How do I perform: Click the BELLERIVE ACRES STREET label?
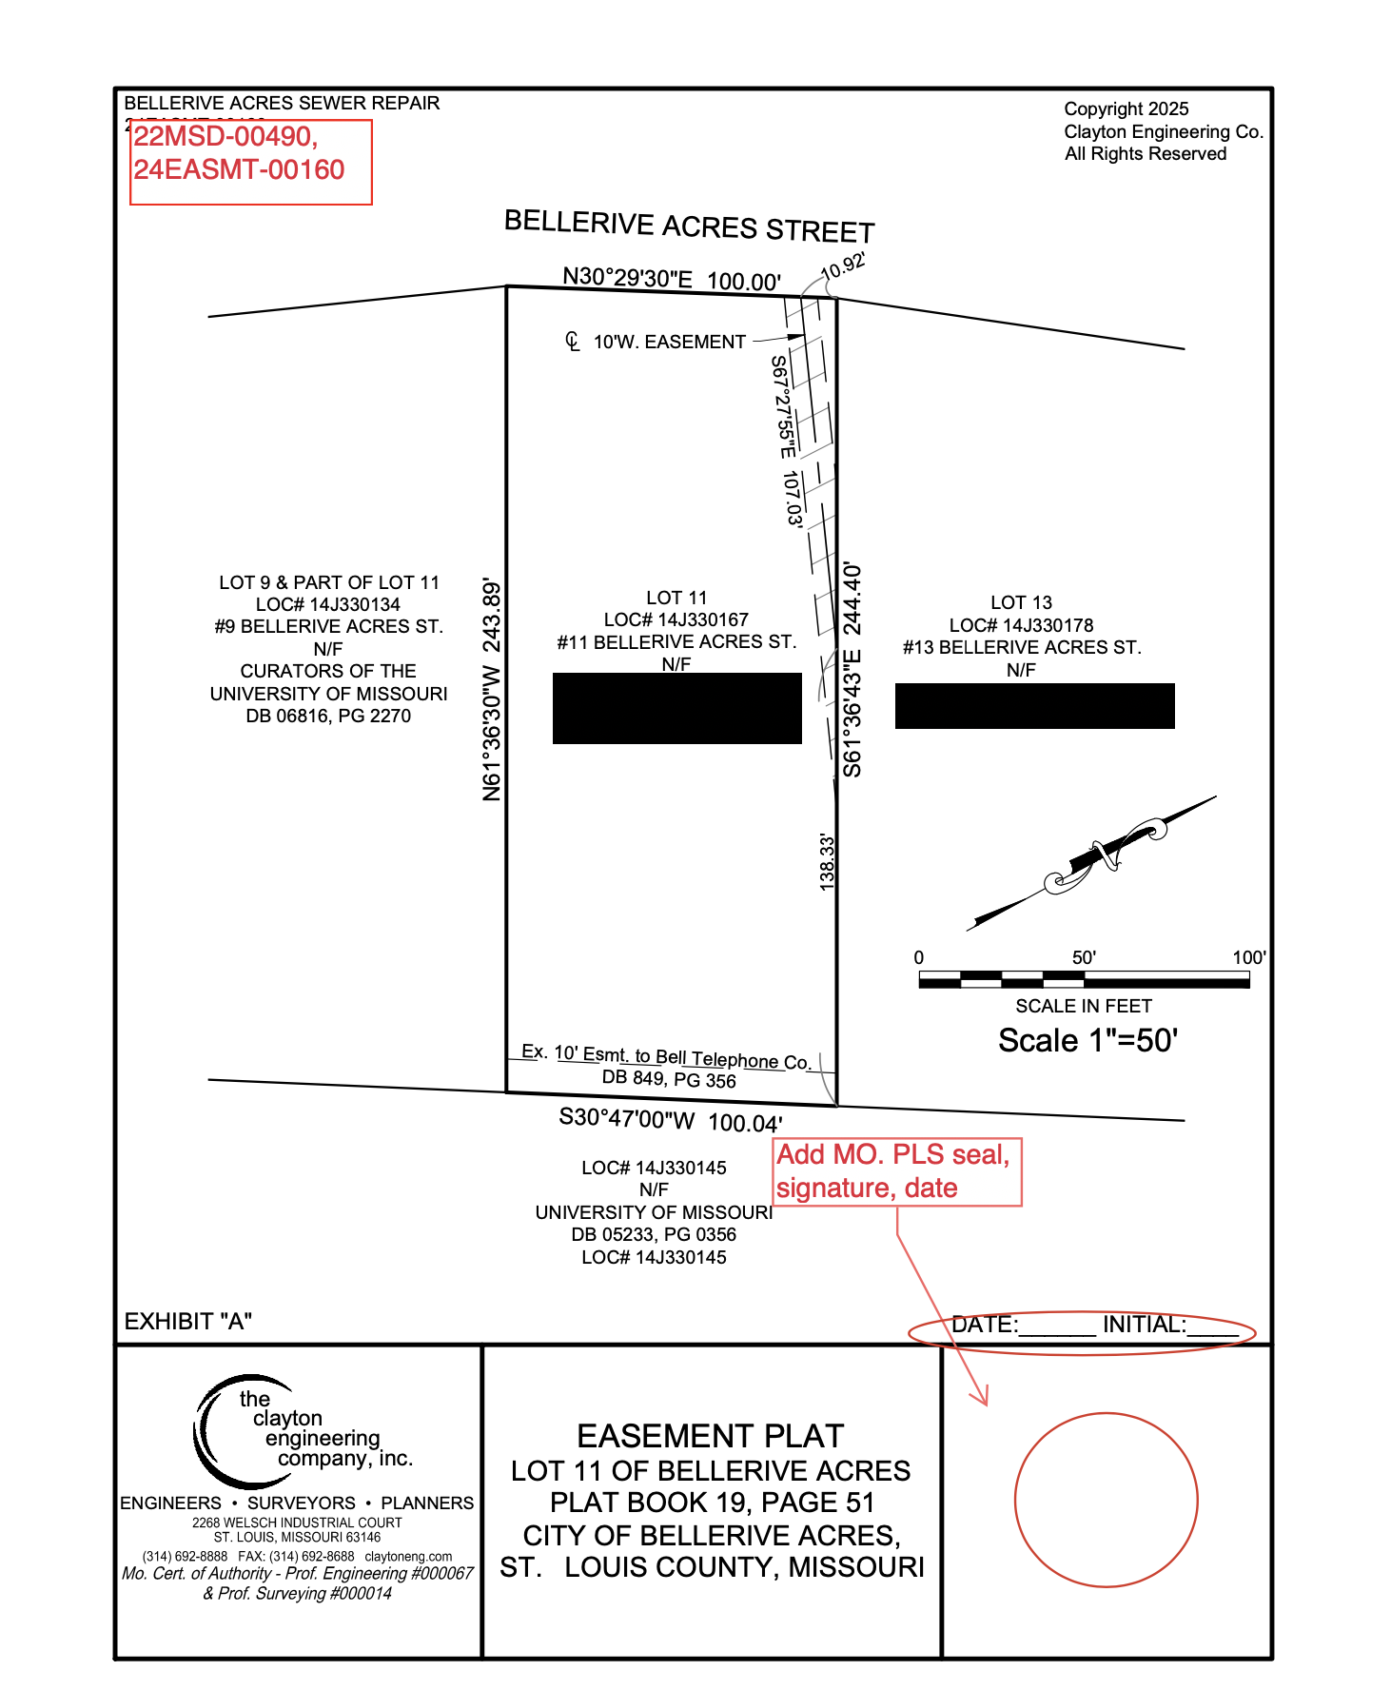(x=689, y=226)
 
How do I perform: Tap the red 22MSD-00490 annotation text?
(x=225, y=137)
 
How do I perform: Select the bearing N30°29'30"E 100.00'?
(x=672, y=279)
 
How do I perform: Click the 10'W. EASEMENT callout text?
(x=669, y=342)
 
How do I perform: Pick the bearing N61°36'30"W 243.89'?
(x=491, y=690)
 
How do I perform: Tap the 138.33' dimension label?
(x=827, y=862)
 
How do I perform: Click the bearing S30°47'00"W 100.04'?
(x=671, y=1120)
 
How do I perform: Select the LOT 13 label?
(x=1021, y=602)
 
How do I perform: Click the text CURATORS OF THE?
(x=328, y=671)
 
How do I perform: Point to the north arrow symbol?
(x=1094, y=860)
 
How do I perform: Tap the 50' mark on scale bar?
(x=1084, y=958)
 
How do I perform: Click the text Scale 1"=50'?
(x=1087, y=1040)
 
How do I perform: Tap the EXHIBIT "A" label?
(x=188, y=1321)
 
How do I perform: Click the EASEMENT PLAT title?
(x=711, y=1435)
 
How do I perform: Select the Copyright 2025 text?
(x=1127, y=109)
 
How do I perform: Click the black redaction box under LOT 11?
(x=676, y=708)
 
